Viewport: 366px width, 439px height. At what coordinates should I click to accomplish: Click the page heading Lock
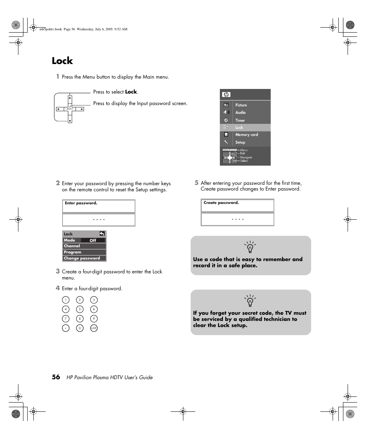(x=62, y=61)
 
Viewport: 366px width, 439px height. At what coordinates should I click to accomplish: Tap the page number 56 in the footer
(x=56, y=377)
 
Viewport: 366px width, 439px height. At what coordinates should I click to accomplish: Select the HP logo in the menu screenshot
(x=226, y=95)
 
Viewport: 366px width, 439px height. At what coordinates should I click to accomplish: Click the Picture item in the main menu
(x=241, y=105)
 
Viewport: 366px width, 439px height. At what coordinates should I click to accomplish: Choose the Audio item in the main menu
(x=240, y=112)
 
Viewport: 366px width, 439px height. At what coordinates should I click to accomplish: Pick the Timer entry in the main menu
(x=240, y=120)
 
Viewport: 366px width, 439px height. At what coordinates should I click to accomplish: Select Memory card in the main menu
(x=246, y=135)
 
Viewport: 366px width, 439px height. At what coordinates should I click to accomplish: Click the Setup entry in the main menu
(x=240, y=142)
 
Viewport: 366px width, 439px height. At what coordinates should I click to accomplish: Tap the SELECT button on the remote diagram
(x=70, y=109)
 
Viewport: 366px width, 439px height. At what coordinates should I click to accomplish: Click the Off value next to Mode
(x=93, y=240)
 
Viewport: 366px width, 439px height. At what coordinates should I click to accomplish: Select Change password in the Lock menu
(x=82, y=258)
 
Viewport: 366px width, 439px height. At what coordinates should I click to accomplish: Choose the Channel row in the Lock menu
(x=72, y=246)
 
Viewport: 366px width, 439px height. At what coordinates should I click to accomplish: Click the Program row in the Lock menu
(x=73, y=252)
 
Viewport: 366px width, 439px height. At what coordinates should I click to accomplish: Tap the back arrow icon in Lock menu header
(x=102, y=233)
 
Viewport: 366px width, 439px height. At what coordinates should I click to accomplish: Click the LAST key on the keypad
(x=94, y=328)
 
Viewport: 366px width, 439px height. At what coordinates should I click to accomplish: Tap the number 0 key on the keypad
(x=80, y=328)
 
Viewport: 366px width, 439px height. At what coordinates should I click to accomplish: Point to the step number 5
(x=196, y=183)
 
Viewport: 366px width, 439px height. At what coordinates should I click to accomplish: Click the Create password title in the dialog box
(x=221, y=203)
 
